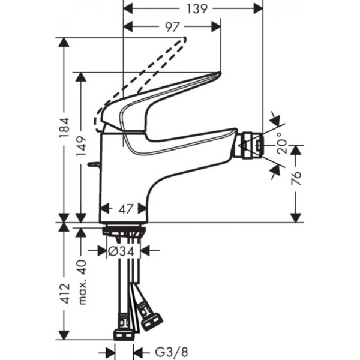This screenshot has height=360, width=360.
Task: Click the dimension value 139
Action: click(193, 8)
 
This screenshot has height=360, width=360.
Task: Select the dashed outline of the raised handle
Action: click(144, 78)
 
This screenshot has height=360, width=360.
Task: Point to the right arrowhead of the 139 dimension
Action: click(259, 8)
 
